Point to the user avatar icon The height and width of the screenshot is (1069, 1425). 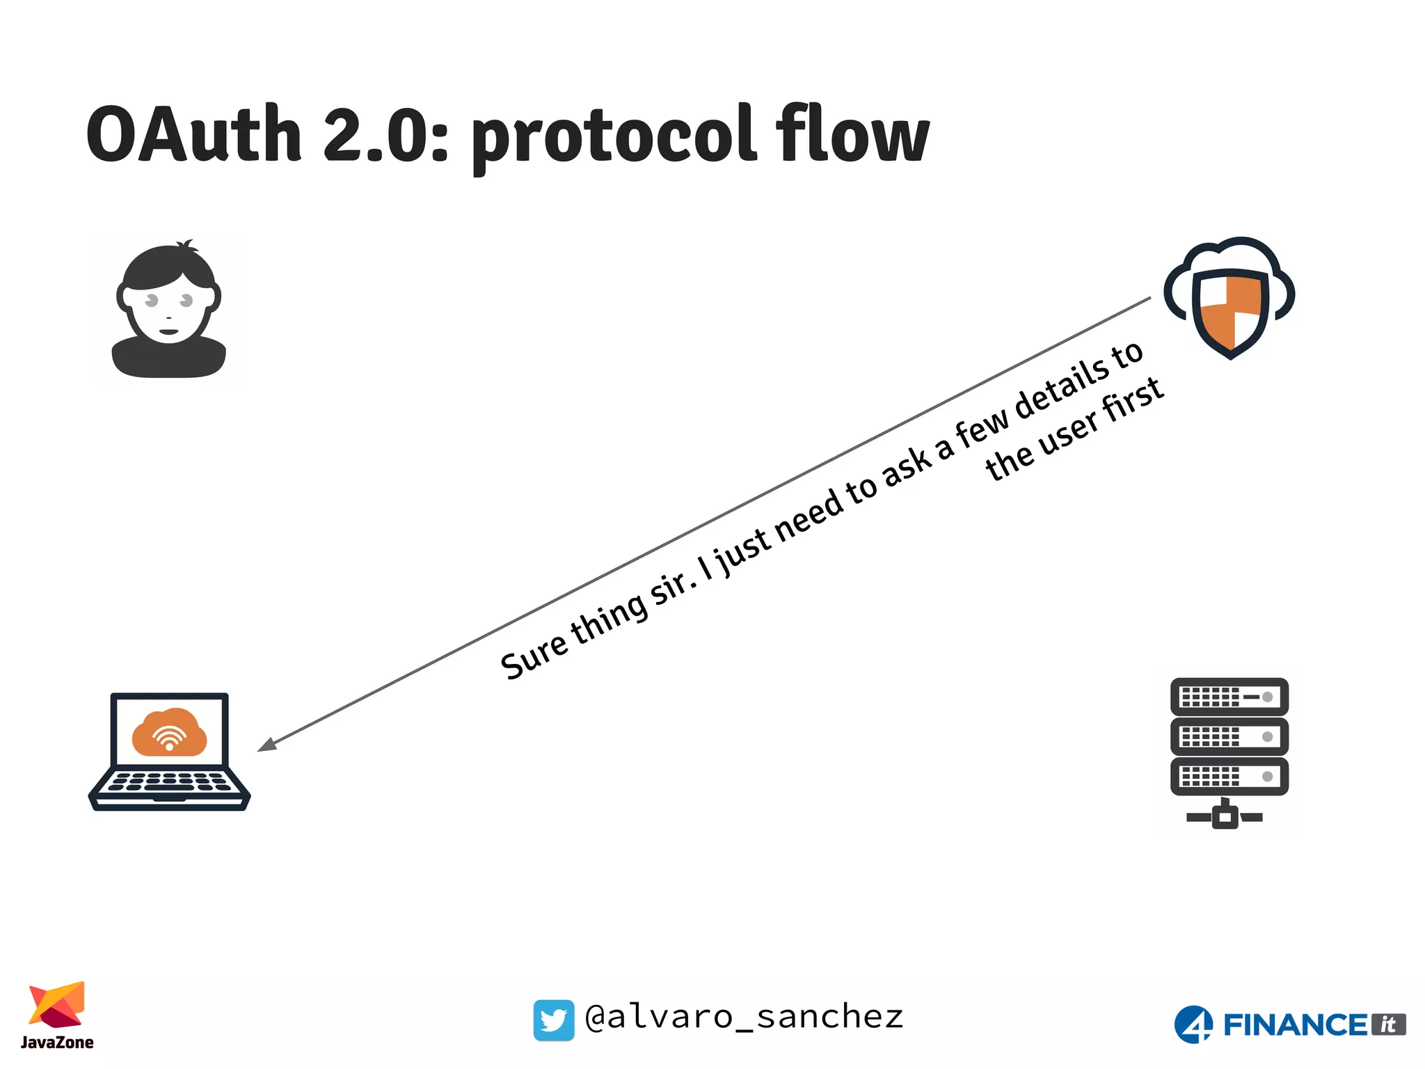169,310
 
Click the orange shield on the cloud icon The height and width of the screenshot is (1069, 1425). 1230,313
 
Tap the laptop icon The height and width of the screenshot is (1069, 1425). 169,752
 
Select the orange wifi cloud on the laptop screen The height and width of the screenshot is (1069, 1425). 169,732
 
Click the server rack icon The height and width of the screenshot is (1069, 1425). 1229,752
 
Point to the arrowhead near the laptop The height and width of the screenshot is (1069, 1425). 266,744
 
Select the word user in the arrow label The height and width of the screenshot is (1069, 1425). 1069,431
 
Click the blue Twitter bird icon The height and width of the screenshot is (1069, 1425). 554,1020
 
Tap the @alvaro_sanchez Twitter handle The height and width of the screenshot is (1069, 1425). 744,1017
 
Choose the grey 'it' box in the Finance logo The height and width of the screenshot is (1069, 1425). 1388,1024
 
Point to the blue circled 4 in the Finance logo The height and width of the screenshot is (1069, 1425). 1193,1024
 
